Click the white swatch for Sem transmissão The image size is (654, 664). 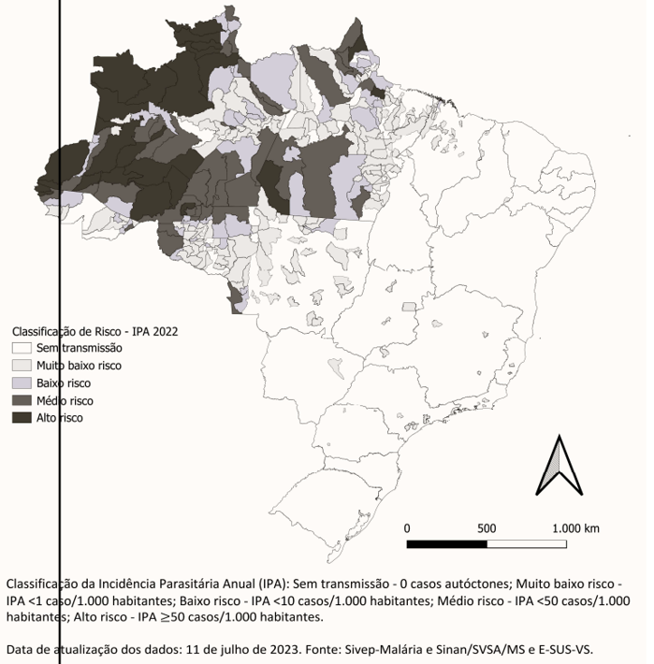pos(22,348)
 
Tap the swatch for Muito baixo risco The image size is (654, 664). pos(22,366)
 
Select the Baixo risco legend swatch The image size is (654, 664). pos(22,383)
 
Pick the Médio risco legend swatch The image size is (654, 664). pos(22,400)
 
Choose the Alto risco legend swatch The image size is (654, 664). pos(22,418)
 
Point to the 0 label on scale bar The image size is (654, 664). pos(407,527)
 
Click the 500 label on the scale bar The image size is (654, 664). pos(487,527)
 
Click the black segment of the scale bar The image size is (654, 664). pos(447,543)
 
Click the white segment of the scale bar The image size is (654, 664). pos(526,543)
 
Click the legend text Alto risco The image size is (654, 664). pos(61,418)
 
